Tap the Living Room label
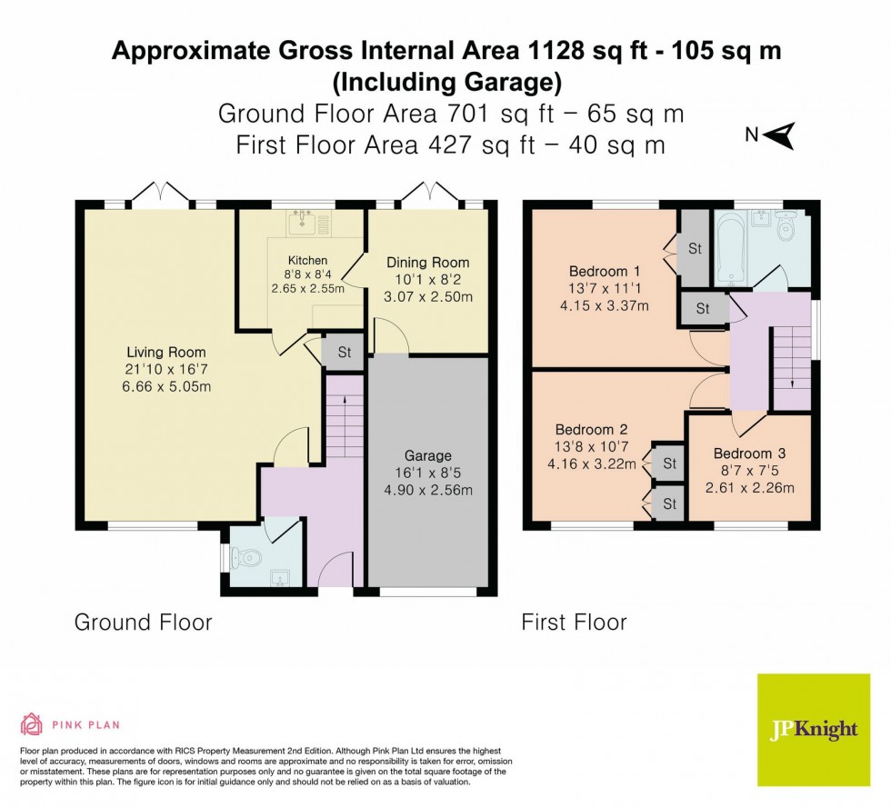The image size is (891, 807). click(x=165, y=353)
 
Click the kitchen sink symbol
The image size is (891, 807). click(x=301, y=222)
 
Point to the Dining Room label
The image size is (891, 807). click(x=428, y=264)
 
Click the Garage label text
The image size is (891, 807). click(x=427, y=456)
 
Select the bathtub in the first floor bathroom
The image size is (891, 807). click(x=731, y=246)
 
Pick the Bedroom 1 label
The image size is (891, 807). click(x=598, y=272)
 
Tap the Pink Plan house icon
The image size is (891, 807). click(x=31, y=724)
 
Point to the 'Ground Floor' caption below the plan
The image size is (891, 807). click(x=143, y=623)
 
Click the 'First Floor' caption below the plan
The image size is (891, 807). click(x=574, y=623)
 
